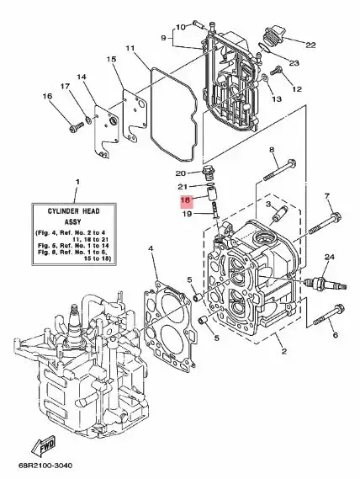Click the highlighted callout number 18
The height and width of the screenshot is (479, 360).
pos(186,201)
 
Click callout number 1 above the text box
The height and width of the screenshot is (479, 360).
pos(77,182)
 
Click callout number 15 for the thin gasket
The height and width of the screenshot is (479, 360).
pos(111,59)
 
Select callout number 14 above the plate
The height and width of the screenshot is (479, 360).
pos(82,77)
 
